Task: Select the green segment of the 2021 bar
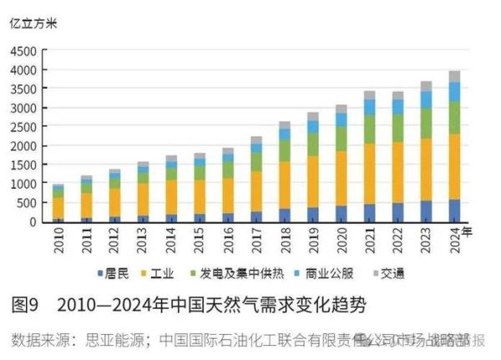pos(368,129)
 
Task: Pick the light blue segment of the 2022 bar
pos(397,106)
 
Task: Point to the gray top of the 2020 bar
pos(340,109)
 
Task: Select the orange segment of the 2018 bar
pos(285,185)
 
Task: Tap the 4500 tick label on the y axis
pos(23,51)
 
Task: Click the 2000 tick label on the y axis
pos(23,146)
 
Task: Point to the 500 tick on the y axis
pos(26,203)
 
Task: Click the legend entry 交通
pos(392,273)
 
